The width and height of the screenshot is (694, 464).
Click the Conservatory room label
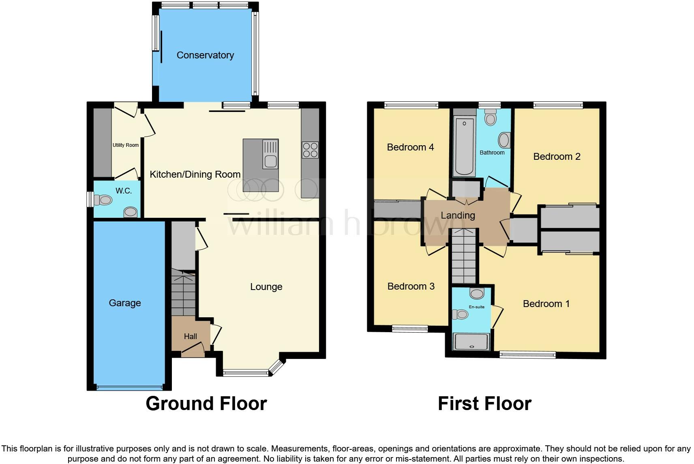205,55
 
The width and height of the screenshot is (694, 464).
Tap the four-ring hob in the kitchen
310,150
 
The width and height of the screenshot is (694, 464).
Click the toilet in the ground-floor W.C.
103,200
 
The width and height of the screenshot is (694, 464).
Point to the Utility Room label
126,145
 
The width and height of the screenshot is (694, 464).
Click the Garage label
125,303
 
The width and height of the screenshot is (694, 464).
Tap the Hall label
191,336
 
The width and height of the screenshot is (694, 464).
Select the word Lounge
266,287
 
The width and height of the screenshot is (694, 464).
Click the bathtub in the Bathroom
464,146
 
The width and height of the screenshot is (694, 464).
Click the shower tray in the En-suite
471,342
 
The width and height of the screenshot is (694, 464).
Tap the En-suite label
477,307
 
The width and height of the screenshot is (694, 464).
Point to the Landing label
458,215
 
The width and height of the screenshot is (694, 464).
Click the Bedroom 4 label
410,147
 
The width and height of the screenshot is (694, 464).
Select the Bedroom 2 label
557,157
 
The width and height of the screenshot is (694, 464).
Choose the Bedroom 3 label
411,286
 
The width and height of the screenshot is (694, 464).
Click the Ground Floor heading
206,404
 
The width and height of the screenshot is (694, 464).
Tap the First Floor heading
484,404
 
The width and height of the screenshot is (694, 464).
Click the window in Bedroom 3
410,329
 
